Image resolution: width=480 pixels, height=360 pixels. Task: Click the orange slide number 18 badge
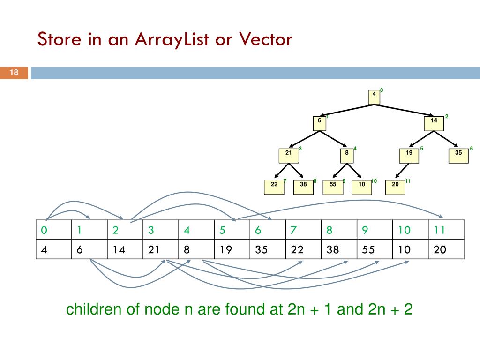point(14,73)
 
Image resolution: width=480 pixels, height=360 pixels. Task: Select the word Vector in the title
point(265,39)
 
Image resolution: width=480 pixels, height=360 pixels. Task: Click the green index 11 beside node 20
point(407,181)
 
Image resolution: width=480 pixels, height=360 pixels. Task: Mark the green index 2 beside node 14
point(447,116)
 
